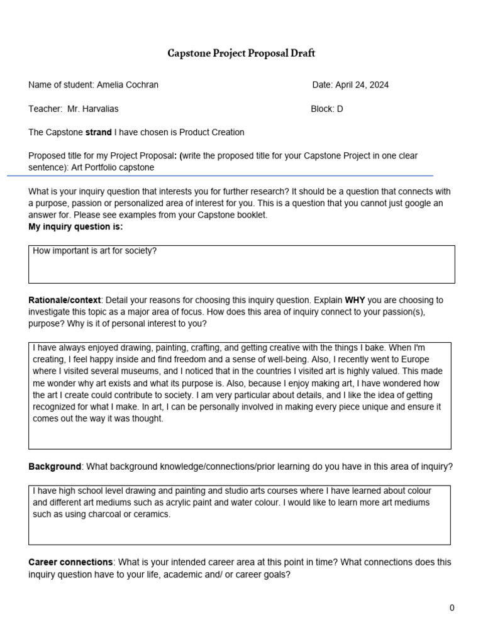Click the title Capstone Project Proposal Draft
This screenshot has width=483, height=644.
point(241,53)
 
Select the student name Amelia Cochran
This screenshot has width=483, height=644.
point(128,85)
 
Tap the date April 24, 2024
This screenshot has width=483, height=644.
point(362,85)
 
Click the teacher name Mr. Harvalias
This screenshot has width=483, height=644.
point(92,109)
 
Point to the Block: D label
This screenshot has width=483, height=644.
point(326,109)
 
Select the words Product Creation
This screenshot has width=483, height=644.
point(212,132)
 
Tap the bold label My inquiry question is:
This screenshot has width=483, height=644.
point(75,226)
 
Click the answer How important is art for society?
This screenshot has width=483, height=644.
point(94,251)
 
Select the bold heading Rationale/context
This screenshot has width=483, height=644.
point(65,300)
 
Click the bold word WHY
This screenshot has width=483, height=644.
point(355,300)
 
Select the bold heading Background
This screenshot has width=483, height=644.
point(55,467)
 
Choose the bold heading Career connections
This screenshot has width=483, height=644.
point(70,562)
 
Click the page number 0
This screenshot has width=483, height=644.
point(452,608)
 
